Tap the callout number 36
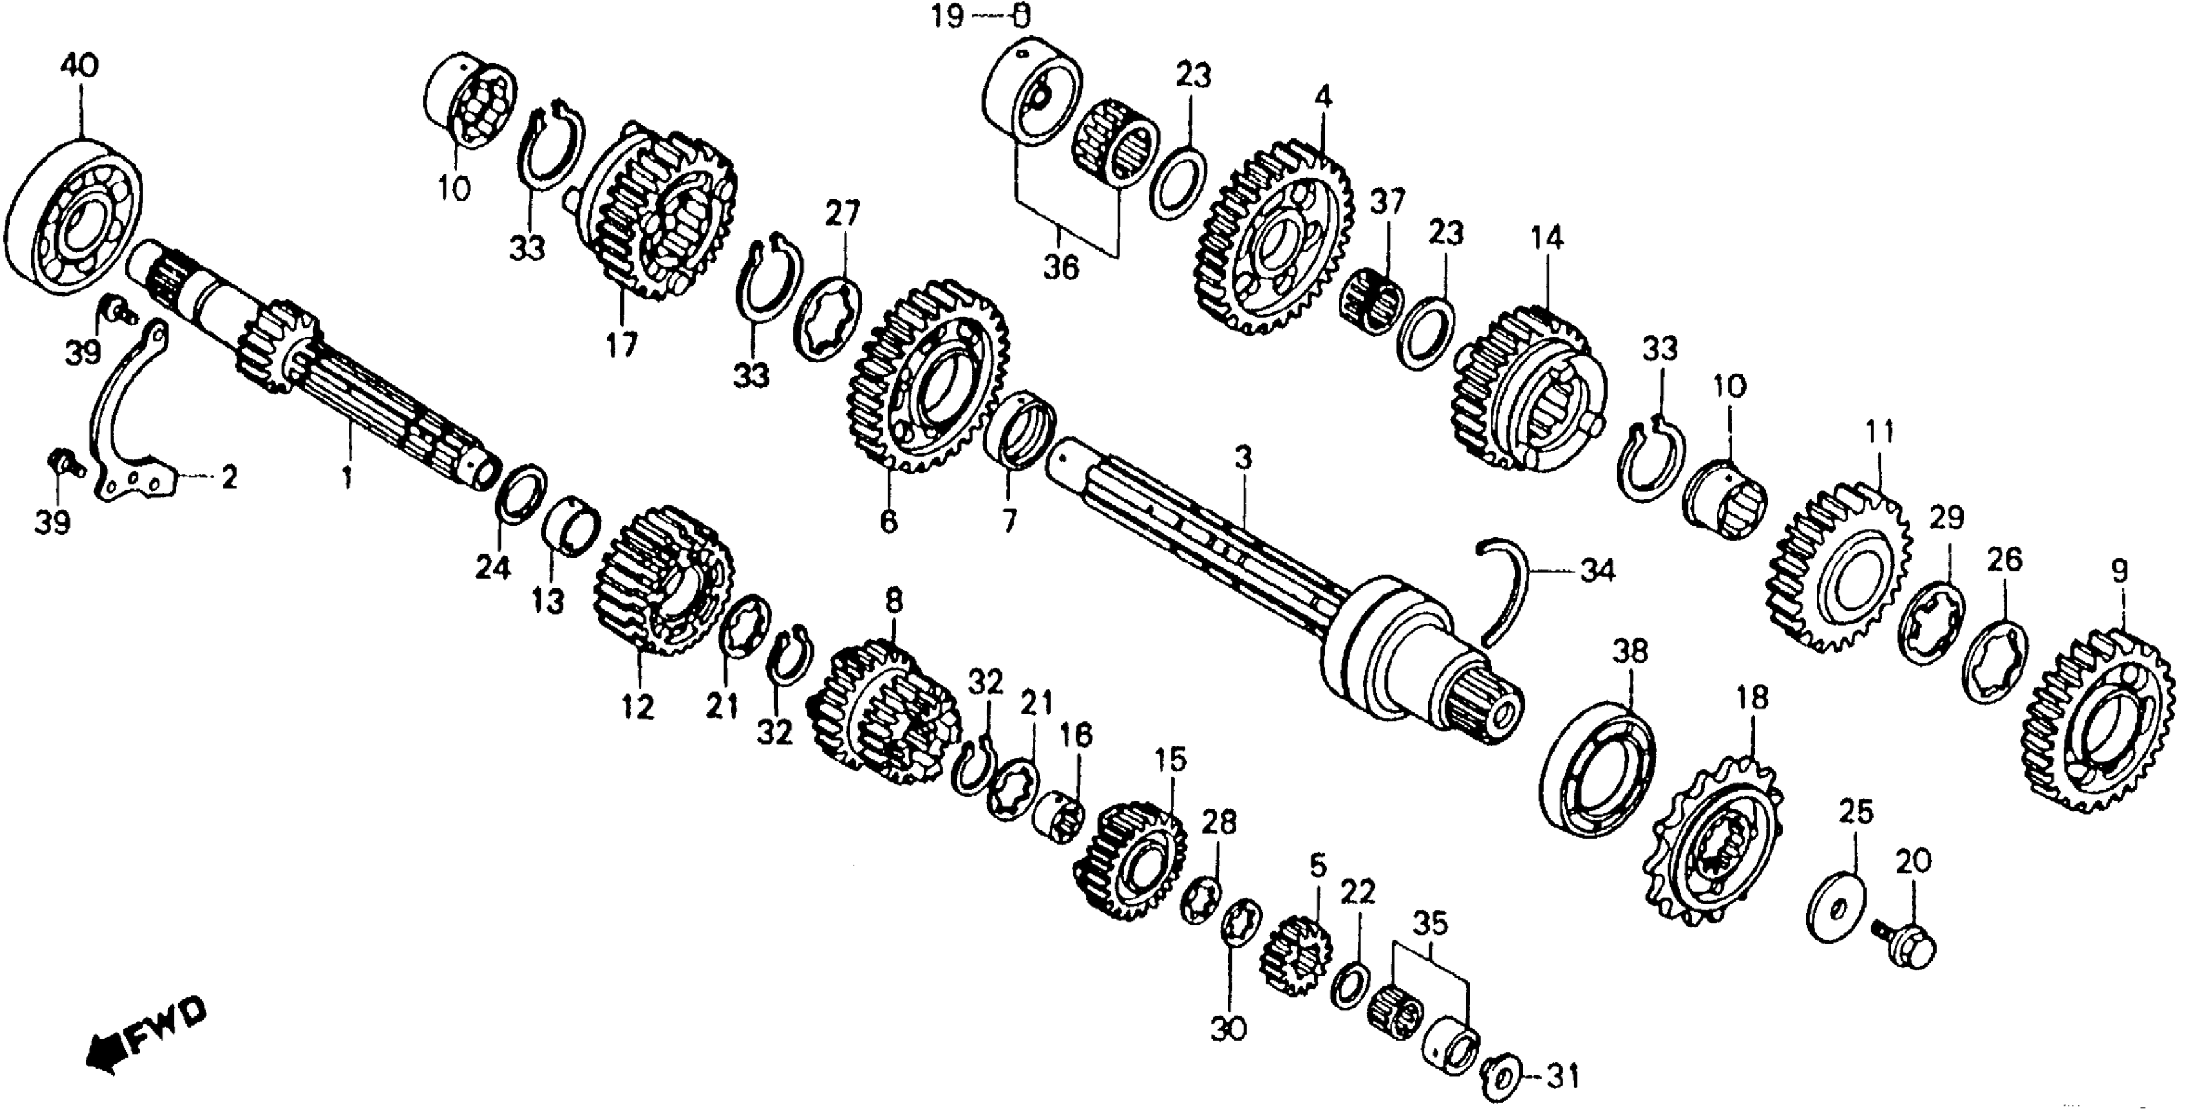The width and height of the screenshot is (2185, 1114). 1060,268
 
